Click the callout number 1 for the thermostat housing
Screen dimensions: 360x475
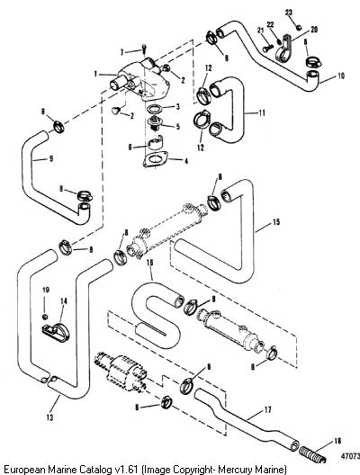tap(95, 74)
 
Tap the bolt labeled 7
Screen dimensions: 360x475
tap(144, 49)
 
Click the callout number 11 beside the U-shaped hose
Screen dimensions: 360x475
tap(262, 113)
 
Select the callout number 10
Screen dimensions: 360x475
tap(341, 76)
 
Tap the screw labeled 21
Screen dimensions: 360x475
tap(268, 48)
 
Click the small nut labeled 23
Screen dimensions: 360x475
tap(299, 27)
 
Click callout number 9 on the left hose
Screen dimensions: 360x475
tap(51, 158)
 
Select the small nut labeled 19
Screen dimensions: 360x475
tap(45, 317)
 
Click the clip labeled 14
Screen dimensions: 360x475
tap(56, 333)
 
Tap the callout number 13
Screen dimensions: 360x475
tap(50, 417)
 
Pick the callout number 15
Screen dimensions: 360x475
tap(276, 222)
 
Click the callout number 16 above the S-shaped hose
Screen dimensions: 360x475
tap(149, 263)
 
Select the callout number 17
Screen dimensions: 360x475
tap(268, 410)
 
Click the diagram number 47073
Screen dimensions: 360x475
tap(351, 456)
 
